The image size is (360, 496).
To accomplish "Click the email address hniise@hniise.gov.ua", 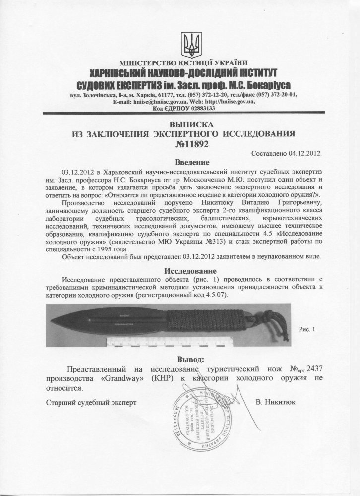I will (x=162, y=102).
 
